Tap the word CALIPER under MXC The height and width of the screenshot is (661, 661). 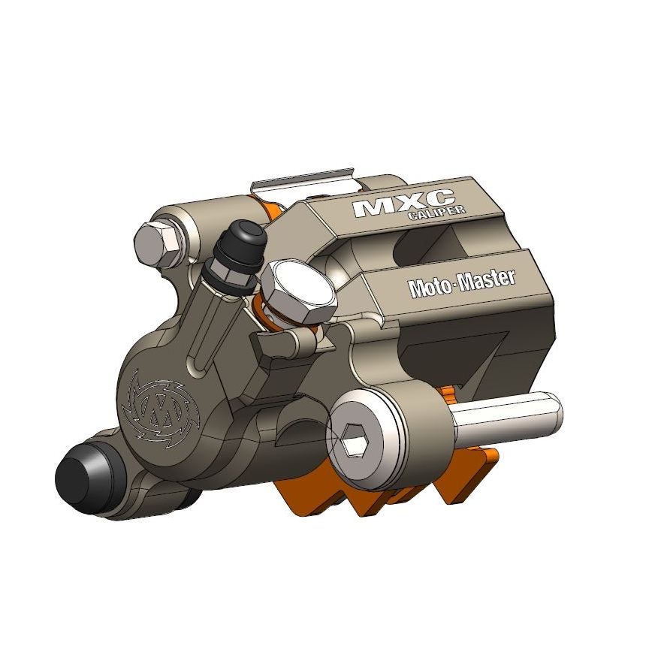pos(435,214)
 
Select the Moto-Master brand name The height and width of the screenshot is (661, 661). pos(461,283)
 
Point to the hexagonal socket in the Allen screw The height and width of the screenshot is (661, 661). pos(354,438)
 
